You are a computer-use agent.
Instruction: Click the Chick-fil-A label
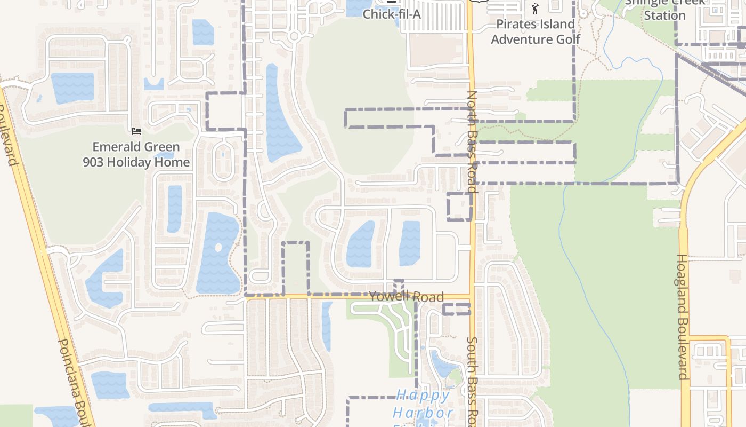392,14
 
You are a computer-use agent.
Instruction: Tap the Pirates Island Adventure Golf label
536,31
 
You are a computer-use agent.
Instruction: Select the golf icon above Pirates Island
536,9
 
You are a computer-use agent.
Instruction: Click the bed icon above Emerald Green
136,131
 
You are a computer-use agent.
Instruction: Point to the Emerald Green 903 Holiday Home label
136,154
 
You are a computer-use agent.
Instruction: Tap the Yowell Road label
407,297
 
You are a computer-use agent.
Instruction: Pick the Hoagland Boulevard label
683,316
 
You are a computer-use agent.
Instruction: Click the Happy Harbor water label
423,404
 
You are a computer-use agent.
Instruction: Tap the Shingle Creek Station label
664,10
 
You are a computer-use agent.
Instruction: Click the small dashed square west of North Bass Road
459,207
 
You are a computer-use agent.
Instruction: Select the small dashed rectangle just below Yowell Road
457,309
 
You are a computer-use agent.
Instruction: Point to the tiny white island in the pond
217,248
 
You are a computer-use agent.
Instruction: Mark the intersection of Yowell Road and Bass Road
471,297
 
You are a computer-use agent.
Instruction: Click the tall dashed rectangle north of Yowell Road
296,268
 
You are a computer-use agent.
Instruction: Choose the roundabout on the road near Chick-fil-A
294,36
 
